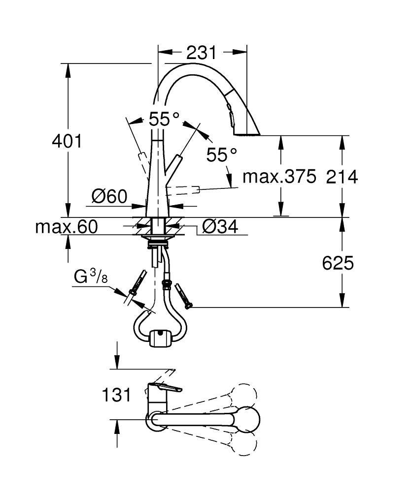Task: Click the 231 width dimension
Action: [x=202, y=53]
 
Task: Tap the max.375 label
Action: [x=279, y=177]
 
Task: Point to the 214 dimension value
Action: [x=342, y=177]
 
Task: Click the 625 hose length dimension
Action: [x=338, y=263]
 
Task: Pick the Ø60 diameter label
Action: [x=109, y=197]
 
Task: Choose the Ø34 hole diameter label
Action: [x=220, y=226]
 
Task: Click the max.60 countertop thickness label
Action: [x=67, y=226]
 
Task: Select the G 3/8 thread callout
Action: [x=91, y=277]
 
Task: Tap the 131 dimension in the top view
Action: [x=116, y=395]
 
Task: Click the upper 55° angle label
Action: [x=164, y=119]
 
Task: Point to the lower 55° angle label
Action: [x=222, y=154]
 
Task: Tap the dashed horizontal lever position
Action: [x=183, y=190]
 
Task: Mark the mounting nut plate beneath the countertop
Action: [x=157, y=237]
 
